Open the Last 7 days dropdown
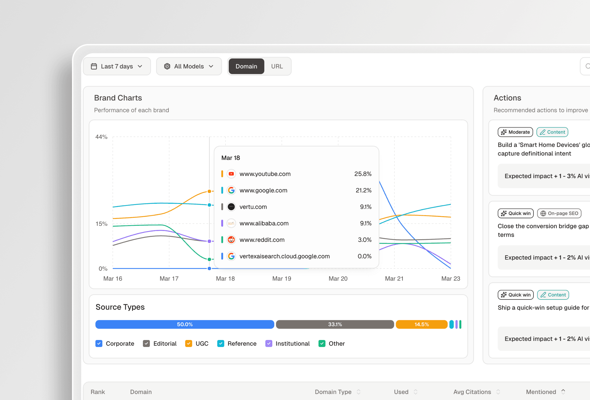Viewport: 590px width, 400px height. tap(117, 66)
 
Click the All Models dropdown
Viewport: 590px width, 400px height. tap(189, 66)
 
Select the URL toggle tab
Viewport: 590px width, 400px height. tap(277, 66)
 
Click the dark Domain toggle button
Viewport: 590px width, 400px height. tap(246, 66)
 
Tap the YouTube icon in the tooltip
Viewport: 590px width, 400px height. tap(231, 174)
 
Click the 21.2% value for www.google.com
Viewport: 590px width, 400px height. tap(363, 190)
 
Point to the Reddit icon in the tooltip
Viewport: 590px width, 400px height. tap(231, 239)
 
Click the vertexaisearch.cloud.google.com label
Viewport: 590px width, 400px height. tap(284, 256)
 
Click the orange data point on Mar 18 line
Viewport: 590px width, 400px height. tap(209, 191)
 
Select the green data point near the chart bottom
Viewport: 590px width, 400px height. tap(209, 259)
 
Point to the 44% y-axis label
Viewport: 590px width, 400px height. tap(101, 137)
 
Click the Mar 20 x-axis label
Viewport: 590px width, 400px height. tap(338, 278)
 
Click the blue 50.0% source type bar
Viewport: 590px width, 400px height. tap(184, 324)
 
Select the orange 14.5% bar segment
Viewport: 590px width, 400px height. tap(421, 324)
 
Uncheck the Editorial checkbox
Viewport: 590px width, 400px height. tap(146, 343)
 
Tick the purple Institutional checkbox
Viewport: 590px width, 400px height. tap(268, 343)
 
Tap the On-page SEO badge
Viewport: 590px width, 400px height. tap(559, 213)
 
